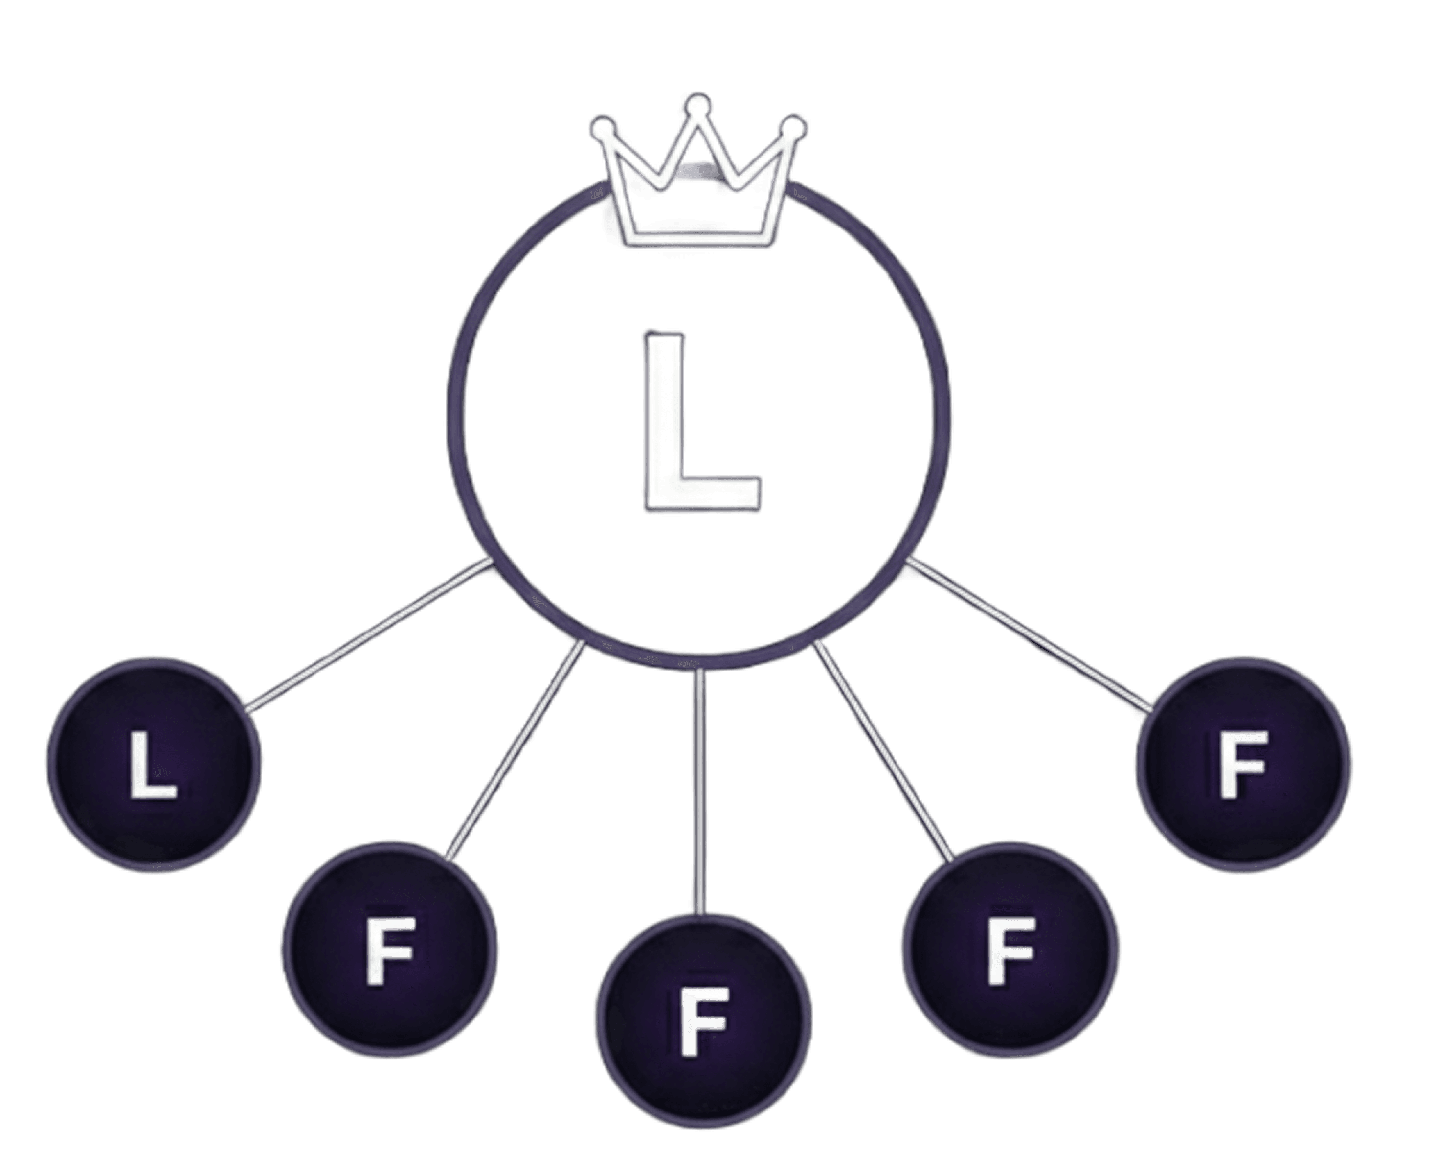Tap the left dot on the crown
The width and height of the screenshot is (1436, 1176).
pyautogui.click(x=604, y=129)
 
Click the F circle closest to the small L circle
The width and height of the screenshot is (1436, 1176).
pyautogui.click(x=389, y=949)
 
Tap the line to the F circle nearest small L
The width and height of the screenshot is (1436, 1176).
pyautogui.click(x=515, y=752)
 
